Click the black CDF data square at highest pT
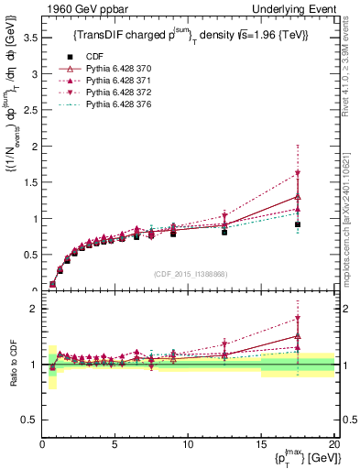point(298,225)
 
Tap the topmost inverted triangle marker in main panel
point(298,174)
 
